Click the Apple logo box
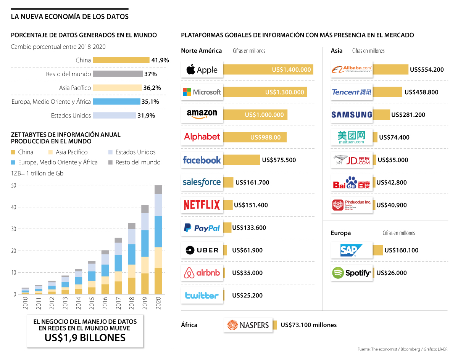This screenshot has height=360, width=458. coord(202,70)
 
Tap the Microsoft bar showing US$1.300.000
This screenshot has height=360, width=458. coord(264,92)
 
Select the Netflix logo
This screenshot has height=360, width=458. coord(202,205)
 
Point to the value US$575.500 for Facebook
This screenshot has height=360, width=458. coord(279,160)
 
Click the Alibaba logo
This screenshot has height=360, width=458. coord(352,70)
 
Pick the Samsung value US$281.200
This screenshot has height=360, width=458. coord(408,115)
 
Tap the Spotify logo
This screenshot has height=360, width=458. coord(352,273)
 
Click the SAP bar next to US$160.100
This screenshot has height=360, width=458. coord(378,250)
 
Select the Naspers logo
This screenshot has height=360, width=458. coord(248,325)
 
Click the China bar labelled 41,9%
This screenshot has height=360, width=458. coord(121,60)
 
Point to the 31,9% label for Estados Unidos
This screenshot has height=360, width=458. coord(146,116)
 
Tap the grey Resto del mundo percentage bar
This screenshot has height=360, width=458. coord(117,74)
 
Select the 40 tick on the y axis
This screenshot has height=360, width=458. coord(14,207)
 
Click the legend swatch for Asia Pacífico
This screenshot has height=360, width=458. coord(52,152)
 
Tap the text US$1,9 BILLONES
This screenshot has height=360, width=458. coord(85,337)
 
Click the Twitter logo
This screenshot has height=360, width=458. coord(202,296)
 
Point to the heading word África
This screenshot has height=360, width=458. coord(189,325)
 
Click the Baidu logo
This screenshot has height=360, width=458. coord(352,183)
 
